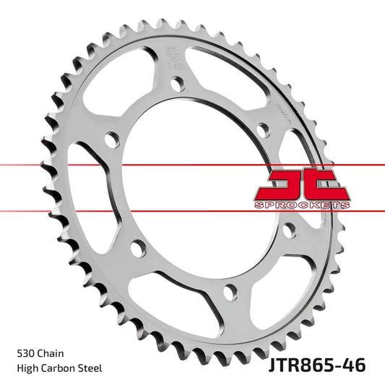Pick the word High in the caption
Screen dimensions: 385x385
pyautogui.click(x=26, y=368)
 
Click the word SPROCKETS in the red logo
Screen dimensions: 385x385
pyautogui.click(x=302, y=205)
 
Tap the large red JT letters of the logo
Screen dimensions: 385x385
pyautogui.click(x=302, y=186)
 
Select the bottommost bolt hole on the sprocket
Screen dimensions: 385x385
pyautogui.click(x=230, y=291)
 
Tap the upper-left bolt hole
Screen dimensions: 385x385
pyautogui.click(x=111, y=137)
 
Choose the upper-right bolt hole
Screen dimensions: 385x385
pyautogui.click(x=264, y=129)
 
